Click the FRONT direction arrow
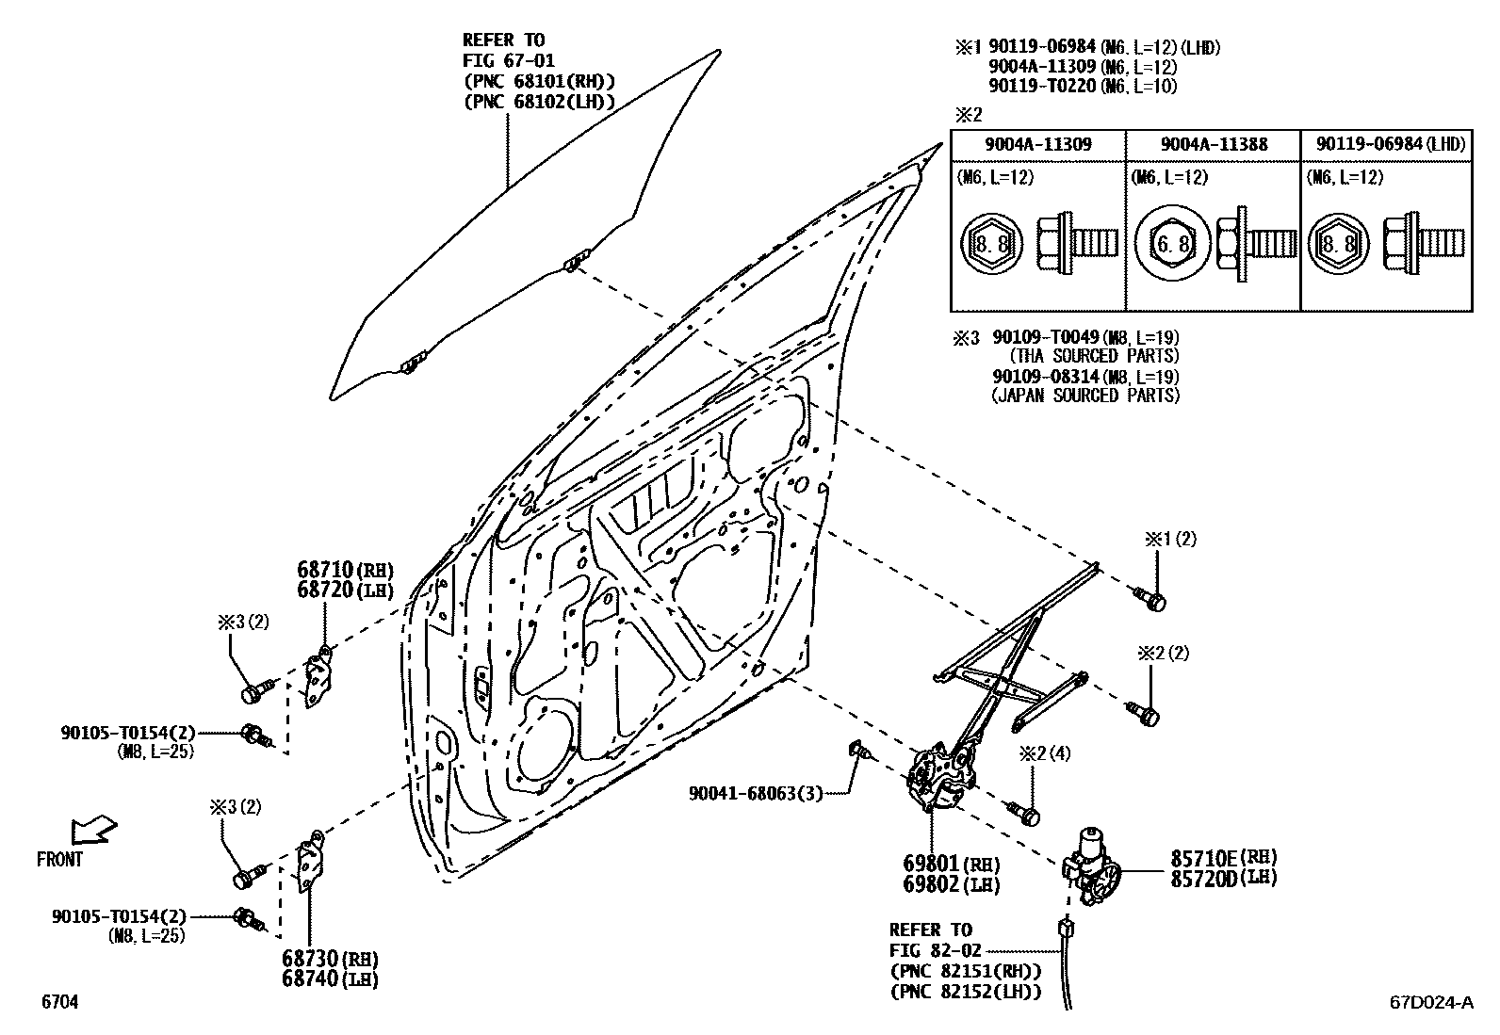(x=94, y=829)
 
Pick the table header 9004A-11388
(x=1214, y=144)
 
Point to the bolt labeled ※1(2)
(x=1151, y=598)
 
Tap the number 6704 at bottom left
(x=58, y=1003)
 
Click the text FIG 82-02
(x=931, y=950)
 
